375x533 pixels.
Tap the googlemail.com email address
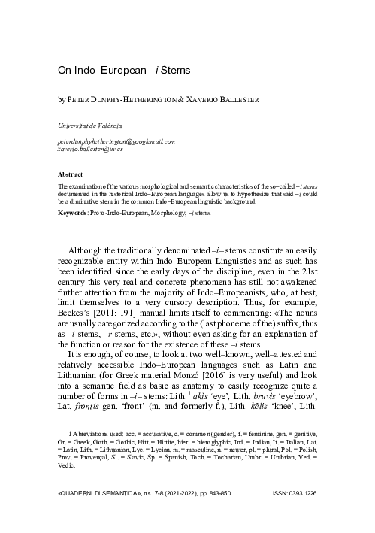(116, 141)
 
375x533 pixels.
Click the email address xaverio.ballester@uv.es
(90, 149)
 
